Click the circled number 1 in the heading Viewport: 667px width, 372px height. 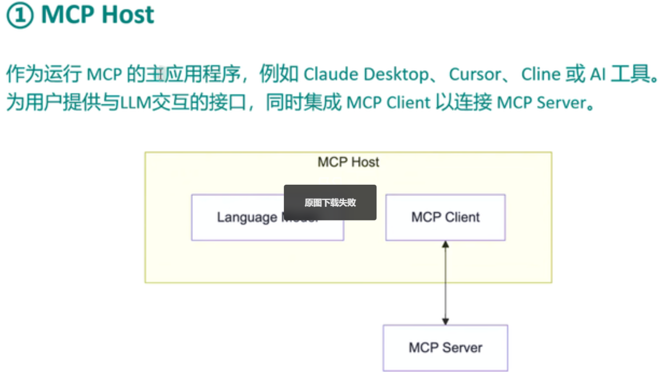tap(20, 15)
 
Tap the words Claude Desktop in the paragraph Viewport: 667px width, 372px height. tap(366, 74)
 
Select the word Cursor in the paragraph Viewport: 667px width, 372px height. tap(475, 74)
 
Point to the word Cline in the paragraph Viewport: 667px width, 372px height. tap(541, 74)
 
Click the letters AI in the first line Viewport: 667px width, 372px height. tap(598, 74)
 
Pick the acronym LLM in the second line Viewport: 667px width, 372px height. tap(135, 103)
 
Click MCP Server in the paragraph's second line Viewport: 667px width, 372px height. tap(541, 103)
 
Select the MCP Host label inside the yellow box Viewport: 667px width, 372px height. tap(348, 162)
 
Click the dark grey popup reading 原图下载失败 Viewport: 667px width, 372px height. tap(330, 202)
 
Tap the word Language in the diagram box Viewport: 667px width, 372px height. tap(247, 217)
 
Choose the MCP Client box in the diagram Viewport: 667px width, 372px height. tap(445, 217)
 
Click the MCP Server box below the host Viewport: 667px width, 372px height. tap(445, 348)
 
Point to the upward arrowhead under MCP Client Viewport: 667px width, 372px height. tap(445, 245)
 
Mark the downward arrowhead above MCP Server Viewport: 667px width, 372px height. tap(445, 322)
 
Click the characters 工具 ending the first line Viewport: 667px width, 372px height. tap(630, 74)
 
